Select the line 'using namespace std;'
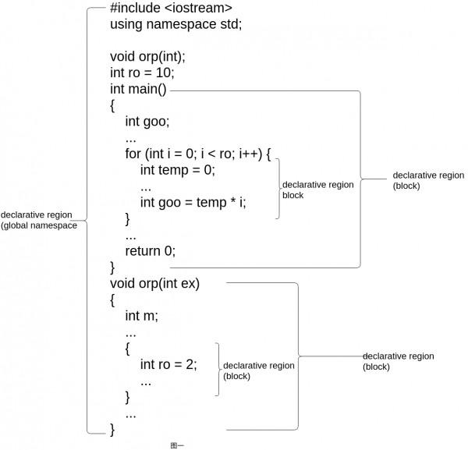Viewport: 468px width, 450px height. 175,24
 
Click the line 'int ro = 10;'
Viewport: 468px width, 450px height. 142,73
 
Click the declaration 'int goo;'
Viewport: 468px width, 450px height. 147,122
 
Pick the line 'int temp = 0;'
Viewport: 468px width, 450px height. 177,170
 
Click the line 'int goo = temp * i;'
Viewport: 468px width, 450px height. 193,202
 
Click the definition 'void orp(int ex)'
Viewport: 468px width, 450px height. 154,283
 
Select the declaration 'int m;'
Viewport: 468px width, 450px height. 141,316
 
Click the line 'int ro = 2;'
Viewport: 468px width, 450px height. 168,364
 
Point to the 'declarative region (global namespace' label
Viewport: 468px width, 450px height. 38,220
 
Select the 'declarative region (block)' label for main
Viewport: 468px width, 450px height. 428,181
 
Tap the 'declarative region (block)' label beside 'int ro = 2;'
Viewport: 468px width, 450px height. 258,370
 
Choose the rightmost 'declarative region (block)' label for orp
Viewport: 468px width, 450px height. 398,361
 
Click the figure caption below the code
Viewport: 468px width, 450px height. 176,445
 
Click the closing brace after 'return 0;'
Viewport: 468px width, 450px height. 112,267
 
